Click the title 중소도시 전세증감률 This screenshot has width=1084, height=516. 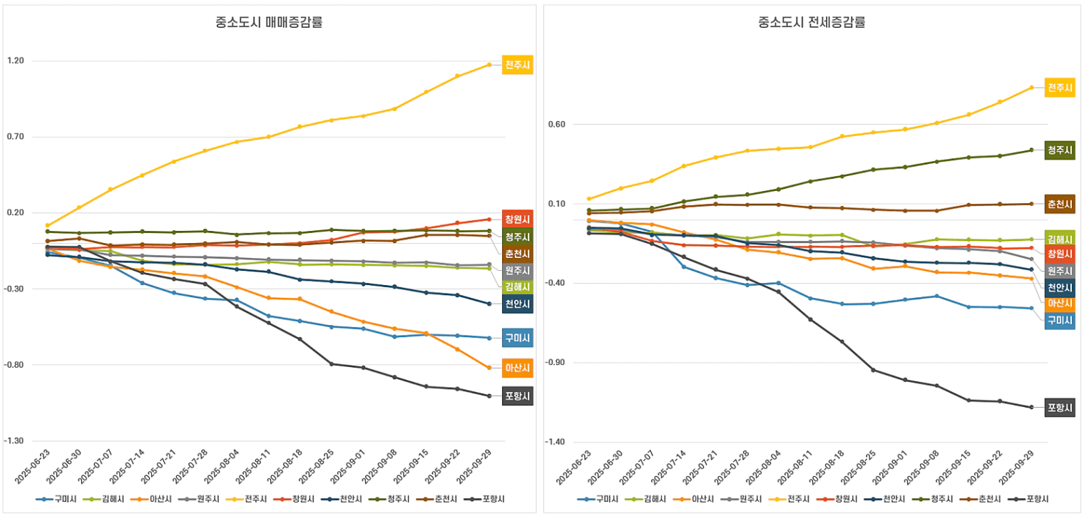pos(812,22)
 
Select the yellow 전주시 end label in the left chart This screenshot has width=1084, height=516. pos(517,65)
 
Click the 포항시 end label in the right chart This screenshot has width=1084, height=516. pos(1060,408)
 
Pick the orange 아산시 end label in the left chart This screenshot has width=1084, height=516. pos(517,368)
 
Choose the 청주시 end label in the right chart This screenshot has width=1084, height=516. pos(1060,150)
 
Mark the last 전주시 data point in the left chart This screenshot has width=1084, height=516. pos(489,65)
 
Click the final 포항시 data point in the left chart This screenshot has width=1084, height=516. pos(489,396)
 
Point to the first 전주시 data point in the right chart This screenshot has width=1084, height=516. pos(589,199)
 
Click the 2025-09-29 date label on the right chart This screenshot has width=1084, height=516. pos(1018,467)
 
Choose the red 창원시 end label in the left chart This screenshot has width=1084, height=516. pos(517,219)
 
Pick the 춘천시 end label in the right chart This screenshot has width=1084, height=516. pos(1060,204)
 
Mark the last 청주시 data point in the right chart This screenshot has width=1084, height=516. pos(1031,150)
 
